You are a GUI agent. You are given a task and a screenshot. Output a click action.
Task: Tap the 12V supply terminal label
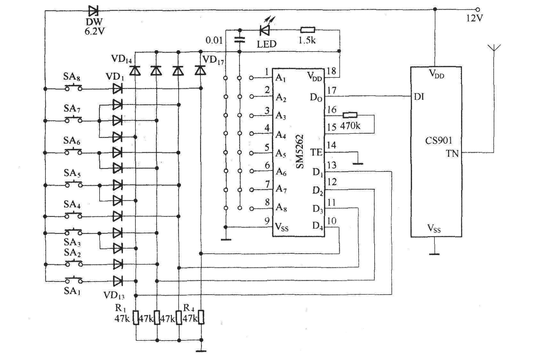(474, 18)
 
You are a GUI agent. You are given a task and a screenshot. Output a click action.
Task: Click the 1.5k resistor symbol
(308, 30)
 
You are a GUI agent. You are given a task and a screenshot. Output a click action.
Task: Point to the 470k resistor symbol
(350, 115)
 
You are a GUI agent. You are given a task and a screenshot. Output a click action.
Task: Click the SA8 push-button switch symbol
(73, 87)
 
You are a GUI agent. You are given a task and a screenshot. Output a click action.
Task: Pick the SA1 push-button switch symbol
(73, 280)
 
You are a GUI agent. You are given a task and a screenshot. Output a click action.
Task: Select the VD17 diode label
(213, 60)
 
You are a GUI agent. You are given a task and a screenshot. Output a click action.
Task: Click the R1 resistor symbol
(136, 317)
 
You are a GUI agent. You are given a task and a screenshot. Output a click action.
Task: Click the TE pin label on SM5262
(316, 152)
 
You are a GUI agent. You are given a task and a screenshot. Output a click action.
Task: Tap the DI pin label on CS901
(419, 96)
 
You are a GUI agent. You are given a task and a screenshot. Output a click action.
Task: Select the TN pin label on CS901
(452, 154)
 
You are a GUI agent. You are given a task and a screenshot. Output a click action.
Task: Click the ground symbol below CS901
(434, 254)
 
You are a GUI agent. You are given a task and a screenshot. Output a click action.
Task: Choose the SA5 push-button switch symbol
(73, 184)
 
